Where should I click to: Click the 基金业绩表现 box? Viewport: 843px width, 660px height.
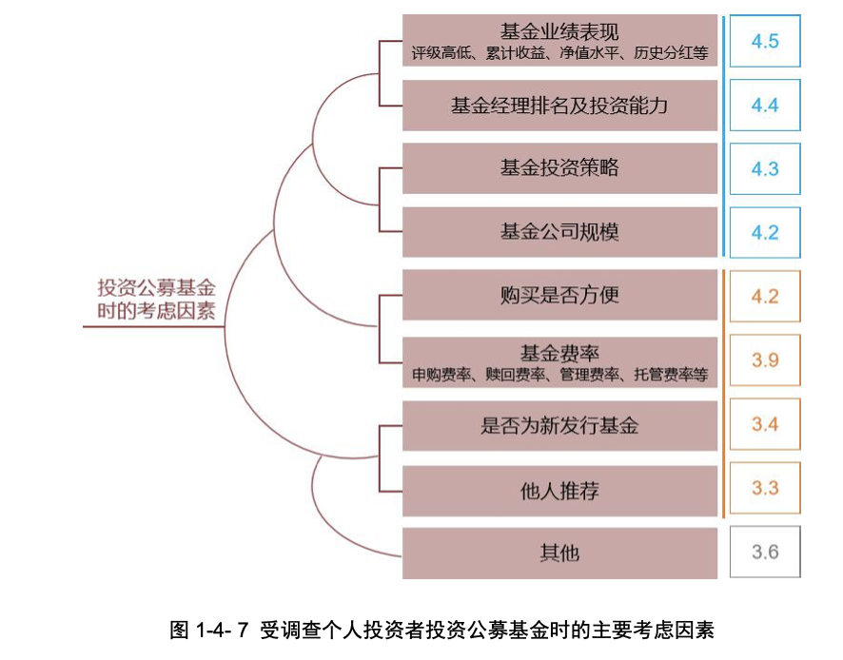tap(559, 41)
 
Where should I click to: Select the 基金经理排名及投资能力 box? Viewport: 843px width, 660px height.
tap(559, 105)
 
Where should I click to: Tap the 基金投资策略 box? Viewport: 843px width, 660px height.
tap(559, 168)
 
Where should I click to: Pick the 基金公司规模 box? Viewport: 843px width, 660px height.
tap(559, 232)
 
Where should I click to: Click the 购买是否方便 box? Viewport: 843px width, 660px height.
tap(559, 296)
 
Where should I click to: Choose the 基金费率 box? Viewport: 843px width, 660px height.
tap(559, 360)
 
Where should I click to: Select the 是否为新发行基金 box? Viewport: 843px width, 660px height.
tap(559, 424)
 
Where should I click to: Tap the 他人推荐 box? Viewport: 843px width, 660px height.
tap(559, 489)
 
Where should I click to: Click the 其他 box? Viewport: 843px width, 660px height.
tap(559, 553)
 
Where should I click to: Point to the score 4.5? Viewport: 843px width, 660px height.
tap(765, 42)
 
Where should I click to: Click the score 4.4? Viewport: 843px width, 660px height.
tap(765, 105)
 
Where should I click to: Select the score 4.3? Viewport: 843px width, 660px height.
tap(765, 168)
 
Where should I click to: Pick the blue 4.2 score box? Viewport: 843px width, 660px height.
tap(765, 232)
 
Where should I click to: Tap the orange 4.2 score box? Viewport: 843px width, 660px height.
tap(765, 296)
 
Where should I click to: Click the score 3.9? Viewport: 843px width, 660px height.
tap(765, 360)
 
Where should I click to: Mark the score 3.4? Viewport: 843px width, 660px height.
tap(765, 424)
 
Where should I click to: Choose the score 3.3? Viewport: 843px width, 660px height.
tap(765, 488)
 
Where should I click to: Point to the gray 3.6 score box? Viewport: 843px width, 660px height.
tap(765, 552)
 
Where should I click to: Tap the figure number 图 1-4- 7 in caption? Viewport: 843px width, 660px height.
tap(208, 629)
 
